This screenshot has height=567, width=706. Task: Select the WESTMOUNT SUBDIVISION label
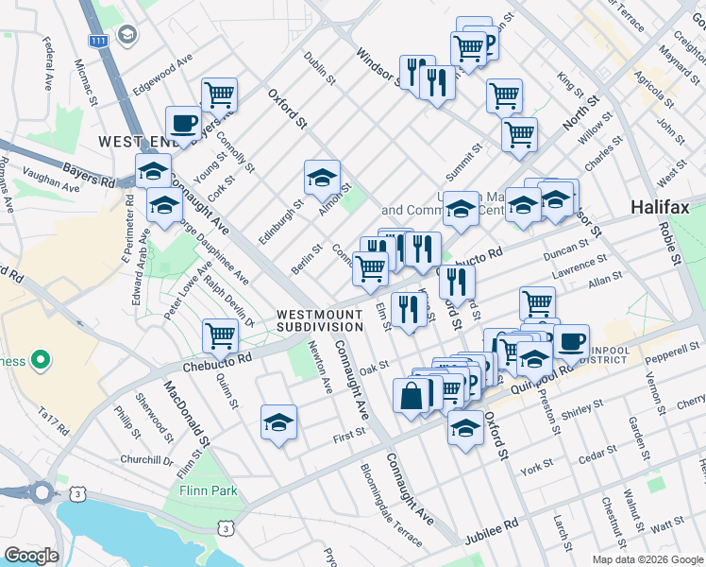point(319,319)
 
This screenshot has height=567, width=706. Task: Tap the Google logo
point(30,556)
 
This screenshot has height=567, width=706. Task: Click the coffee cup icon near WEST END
point(183,122)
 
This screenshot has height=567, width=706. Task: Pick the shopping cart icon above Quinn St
point(220,335)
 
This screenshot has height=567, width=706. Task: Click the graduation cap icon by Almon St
point(322,177)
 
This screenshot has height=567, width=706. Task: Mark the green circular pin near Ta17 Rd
point(41,360)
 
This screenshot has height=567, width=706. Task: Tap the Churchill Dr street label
point(147,460)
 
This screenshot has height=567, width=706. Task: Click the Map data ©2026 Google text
point(647,559)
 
